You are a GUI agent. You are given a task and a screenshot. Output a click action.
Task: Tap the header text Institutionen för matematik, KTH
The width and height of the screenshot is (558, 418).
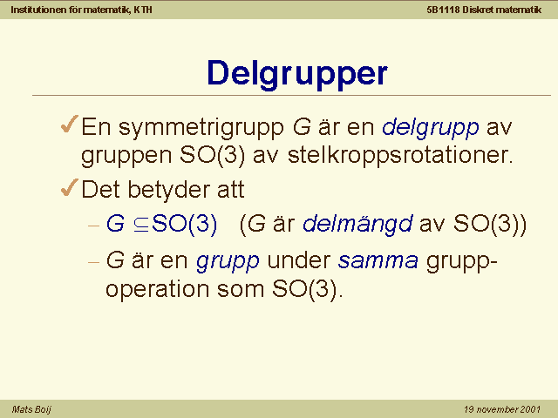click(81, 10)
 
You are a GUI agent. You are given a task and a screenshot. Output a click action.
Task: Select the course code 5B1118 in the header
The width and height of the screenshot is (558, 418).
click(443, 10)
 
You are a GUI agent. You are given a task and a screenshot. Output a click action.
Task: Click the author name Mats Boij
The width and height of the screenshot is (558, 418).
click(31, 409)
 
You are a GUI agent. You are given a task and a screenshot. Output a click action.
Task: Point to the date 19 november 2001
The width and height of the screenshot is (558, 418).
click(502, 409)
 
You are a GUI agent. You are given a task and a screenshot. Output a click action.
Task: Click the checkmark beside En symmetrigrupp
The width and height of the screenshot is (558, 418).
click(70, 124)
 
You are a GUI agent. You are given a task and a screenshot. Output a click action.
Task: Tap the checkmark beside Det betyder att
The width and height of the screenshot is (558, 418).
click(70, 187)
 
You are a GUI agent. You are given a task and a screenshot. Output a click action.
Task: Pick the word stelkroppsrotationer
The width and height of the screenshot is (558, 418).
click(400, 155)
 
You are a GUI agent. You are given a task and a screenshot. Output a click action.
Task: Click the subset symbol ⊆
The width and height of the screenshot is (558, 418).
click(141, 225)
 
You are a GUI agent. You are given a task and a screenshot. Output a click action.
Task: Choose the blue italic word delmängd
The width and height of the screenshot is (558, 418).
click(357, 225)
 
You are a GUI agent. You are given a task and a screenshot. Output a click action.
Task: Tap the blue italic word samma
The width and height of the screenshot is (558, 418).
click(378, 261)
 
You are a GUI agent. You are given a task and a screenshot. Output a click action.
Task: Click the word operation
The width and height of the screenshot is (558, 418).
click(157, 289)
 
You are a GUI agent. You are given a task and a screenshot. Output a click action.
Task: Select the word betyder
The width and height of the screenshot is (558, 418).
click(168, 190)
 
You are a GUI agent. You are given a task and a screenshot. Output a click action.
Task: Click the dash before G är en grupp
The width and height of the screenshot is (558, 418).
click(93, 262)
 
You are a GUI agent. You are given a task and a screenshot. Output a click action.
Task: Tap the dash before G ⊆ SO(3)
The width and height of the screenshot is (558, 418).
click(93, 226)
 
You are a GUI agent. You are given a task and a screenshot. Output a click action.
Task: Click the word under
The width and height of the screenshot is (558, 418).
click(299, 260)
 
